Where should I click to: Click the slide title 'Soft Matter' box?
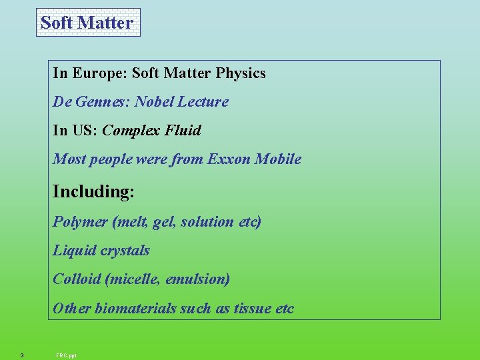tap(87, 23)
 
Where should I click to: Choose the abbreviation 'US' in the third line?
tap(87, 131)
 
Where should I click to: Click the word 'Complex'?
tap(131, 131)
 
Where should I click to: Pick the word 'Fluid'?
tap(183, 131)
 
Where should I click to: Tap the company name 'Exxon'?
tap(229, 159)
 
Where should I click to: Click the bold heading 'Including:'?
tap(93, 192)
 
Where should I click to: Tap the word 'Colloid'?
tap(77, 279)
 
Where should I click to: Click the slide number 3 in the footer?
tap(22, 355)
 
